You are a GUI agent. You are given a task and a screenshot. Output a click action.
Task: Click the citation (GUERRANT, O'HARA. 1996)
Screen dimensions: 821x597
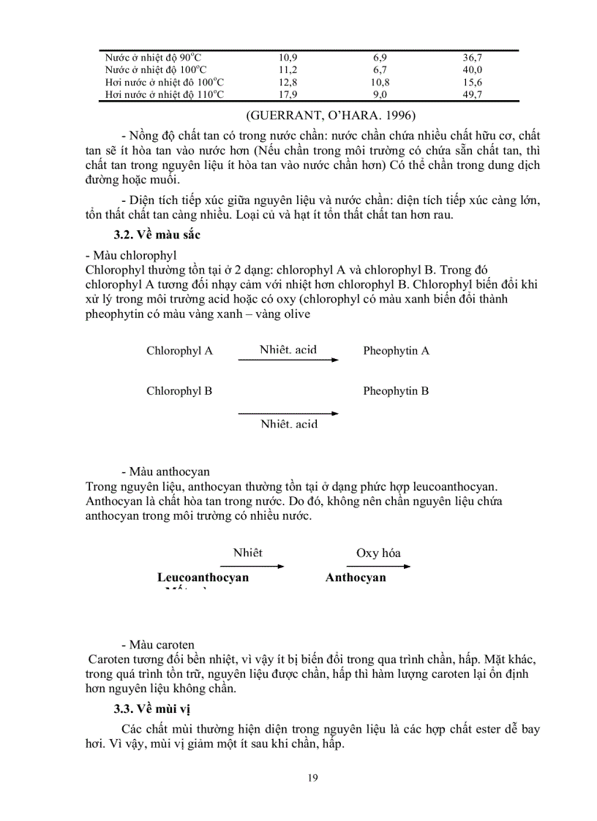tap(331, 115)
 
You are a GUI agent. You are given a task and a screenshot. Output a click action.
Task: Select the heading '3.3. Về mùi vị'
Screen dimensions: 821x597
tap(152, 709)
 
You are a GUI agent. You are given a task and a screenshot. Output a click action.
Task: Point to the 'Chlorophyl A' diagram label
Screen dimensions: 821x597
tap(179, 351)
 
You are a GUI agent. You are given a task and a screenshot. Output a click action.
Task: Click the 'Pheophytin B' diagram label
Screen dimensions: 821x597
tap(396, 391)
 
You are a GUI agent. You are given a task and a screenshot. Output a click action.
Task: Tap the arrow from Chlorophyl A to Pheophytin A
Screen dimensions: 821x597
tap(288, 360)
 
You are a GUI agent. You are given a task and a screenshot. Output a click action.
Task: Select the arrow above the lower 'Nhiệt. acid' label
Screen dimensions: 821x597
tap(288, 414)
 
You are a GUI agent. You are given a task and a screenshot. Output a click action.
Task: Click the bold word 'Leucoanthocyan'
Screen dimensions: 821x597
tap(203, 578)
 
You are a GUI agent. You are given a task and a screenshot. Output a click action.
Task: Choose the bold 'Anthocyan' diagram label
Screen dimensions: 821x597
tap(356, 578)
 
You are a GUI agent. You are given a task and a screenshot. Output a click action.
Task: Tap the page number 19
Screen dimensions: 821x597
tap(313, 777)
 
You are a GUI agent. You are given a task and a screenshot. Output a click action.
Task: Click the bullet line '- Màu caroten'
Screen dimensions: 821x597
tap(158, 645)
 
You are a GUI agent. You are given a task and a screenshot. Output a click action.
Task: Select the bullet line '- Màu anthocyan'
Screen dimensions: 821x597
tap(165, 472)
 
